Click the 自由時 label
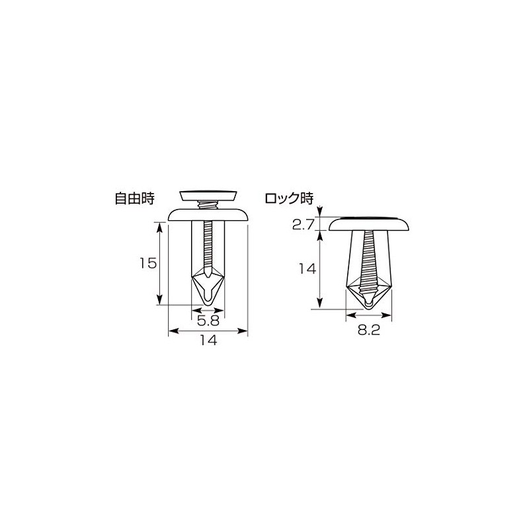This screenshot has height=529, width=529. [x=134, y=198]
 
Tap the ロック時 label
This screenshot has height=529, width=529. [x=288, y=198]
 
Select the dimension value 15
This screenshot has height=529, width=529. [x=147, y=263]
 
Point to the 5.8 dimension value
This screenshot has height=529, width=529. [x=208, y=320]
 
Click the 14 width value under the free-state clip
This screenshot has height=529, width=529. [x=208, y=341]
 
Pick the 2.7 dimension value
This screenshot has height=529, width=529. [x=302, y=225]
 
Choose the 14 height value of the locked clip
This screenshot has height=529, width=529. [x=305, y=268]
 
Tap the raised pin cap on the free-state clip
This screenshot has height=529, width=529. [x=209, y=194]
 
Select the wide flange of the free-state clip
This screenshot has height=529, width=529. [x=208, y=214]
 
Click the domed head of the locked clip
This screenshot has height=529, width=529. [x=370, y=223]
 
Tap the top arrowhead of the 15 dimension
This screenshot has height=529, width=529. [x=159, y=225]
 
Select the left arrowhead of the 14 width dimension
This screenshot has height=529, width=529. [x=172, y=330]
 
